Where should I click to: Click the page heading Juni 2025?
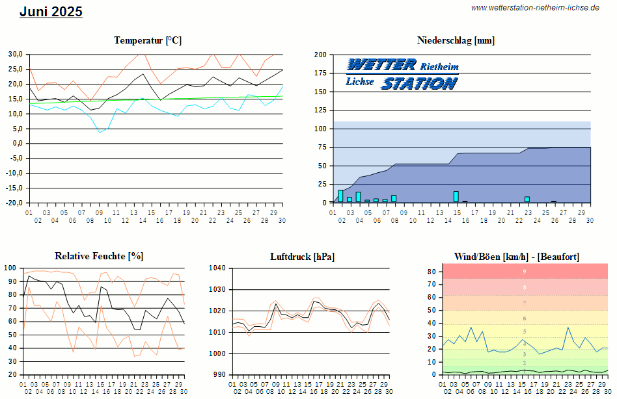pos(51,12)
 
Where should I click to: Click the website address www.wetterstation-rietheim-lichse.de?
pos(534,8)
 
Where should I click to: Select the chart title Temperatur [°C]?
pos(148,40)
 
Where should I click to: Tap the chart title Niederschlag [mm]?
pos(456,40)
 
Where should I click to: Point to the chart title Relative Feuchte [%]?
pos(99,256)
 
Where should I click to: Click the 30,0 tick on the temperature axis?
pos(16,54)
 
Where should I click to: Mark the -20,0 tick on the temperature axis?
pos(14,203)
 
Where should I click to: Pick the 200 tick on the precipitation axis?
pos(320,55)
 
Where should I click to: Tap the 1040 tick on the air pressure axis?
pos(217,268)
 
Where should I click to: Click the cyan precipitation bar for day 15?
pos(456,196)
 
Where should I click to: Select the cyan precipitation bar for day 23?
pos(527,199)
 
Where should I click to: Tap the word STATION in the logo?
pos(418,83)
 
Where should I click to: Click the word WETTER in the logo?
pos(381,64)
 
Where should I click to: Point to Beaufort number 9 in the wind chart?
pos(525,272)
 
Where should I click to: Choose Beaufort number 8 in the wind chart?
pos(525,287)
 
